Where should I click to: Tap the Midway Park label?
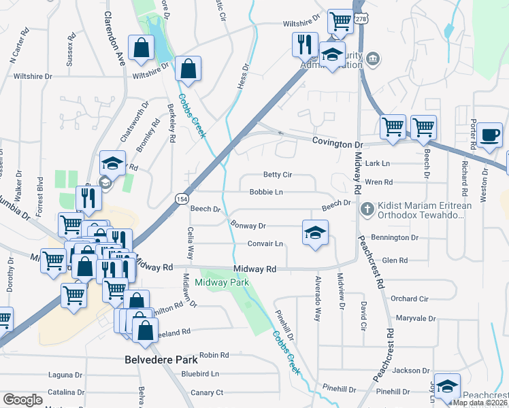(x=222, y=282)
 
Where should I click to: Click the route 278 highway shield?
(x=361, y=20)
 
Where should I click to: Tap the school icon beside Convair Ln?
(x=315, y=233)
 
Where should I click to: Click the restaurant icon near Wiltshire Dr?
(x=305, y=44)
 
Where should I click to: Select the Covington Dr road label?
(x=338, y=145)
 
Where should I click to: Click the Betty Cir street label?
(x=277, y=175)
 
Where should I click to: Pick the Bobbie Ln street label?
(x=265, y=192)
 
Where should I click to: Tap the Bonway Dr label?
(x=248, y=225)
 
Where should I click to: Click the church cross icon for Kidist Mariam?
(x=367, y=207)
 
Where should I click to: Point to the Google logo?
(x=22, y=399)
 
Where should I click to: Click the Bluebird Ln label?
(x=200, y=374)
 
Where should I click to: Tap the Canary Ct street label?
(x=207, y=392)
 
